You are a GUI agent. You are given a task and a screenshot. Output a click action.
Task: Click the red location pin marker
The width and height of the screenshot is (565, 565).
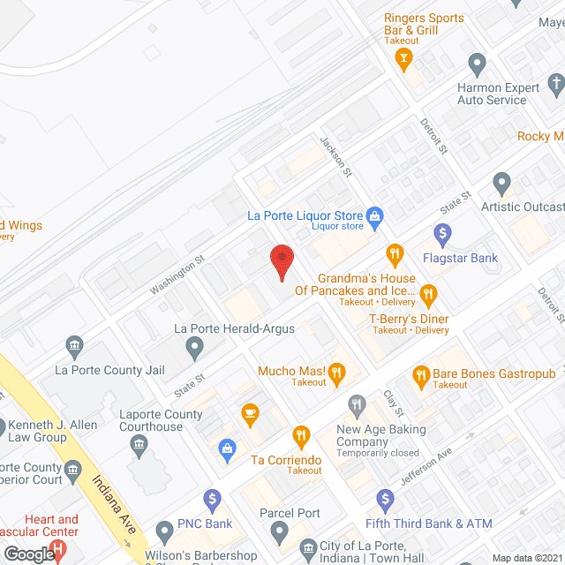tap(281, 261)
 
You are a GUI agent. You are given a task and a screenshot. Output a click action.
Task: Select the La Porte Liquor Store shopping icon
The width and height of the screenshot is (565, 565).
tap(374, 215)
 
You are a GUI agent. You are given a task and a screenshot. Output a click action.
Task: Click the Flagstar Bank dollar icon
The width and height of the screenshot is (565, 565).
tap(443, 235)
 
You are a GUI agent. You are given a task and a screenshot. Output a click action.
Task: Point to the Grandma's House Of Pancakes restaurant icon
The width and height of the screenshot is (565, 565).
tap(395, 255)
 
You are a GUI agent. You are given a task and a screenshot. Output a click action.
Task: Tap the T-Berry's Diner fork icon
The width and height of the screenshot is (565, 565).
tap(428, 294)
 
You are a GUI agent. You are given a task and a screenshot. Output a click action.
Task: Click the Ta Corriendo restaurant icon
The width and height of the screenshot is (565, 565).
tap(301, 436)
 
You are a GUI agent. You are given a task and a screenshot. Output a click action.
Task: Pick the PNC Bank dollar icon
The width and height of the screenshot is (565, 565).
tap(211, 500)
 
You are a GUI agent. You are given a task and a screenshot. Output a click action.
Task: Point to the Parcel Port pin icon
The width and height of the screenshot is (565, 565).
tap(280, 532)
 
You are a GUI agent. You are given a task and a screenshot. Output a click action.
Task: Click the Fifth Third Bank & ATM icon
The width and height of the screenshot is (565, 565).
tap(383, 500)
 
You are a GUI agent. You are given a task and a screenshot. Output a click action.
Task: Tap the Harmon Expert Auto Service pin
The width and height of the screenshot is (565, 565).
tap(478, 64)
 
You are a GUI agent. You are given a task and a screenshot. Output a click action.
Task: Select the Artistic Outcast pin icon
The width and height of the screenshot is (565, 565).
tap(502, 184)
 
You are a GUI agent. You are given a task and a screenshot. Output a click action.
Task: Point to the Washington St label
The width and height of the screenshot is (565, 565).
tap(177, 275)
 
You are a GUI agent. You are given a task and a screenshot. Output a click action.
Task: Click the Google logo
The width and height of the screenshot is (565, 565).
tap(28, 554)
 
